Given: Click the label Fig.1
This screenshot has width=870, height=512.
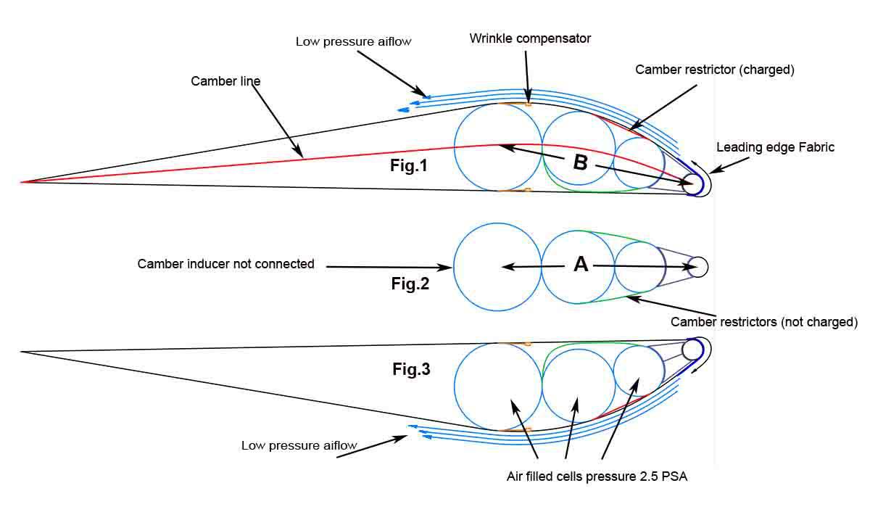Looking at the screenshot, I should point(409,166).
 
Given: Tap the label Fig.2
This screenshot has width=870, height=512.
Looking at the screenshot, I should point(410,284).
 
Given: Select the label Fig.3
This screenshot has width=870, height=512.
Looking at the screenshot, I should point(411,369).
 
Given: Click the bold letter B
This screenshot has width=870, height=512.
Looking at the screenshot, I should point(580,162).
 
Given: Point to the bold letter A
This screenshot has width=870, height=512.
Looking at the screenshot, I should point(581,265).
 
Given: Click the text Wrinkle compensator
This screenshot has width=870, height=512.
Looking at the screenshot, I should point(530,38).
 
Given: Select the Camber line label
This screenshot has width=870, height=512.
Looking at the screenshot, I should point(225,81).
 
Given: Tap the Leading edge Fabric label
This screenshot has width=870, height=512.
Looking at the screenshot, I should point(775,147).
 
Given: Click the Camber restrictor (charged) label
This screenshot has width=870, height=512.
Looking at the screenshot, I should point(715,70).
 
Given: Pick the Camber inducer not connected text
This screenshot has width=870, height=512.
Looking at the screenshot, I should point(225,264).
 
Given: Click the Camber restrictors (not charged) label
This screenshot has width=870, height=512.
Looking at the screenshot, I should point(764,321).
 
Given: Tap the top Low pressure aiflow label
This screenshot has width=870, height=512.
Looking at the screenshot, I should point(353,41).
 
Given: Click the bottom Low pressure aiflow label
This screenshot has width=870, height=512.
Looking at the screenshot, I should point(299,445).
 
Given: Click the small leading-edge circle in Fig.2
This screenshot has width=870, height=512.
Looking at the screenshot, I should point(697,267).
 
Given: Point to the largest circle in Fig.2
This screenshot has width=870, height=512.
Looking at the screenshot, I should point(497,267).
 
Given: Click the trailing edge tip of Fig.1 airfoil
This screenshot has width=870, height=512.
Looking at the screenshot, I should point(22,181).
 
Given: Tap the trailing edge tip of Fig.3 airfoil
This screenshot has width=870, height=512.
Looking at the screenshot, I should point(22,352).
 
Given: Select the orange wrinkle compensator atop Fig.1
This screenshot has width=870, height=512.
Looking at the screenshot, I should point(528,104).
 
